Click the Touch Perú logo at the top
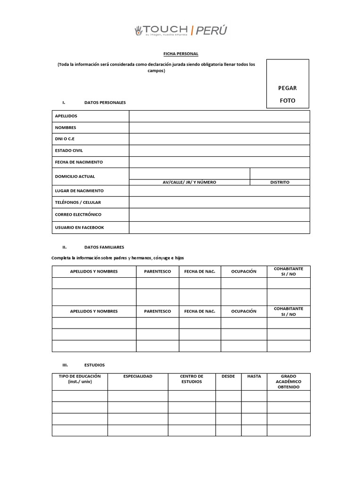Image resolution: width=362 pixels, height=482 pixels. coord(181,31)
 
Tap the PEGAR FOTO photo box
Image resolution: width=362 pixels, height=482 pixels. coord(288,84)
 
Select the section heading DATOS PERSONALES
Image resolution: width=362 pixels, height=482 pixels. coord(105,102)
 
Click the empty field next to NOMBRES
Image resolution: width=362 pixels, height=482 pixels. coord(219,128)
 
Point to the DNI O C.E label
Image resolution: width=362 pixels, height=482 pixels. coord(65,139)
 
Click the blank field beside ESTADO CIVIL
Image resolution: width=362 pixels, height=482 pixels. coord(219,151)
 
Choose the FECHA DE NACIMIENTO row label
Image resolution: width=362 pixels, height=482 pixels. coord(79,162)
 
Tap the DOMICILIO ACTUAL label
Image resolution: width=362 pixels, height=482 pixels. coord(75,177)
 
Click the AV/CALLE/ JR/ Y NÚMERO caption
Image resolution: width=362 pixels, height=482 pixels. coord(189,182)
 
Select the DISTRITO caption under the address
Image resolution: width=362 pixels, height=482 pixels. coord(280,182)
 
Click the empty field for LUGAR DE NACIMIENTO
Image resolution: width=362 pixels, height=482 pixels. coord(219,191)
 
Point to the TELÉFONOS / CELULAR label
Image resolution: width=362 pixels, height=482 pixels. coord(78,202)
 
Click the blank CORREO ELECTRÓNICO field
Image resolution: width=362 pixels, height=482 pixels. coord(219,215)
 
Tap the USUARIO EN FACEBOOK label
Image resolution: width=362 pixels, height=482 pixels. coord(79,227)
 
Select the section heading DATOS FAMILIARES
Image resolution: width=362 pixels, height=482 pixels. coord(104,247)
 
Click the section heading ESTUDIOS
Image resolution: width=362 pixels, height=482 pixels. coord(94,365)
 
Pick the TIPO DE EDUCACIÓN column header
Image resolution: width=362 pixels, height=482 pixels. coord(80,379)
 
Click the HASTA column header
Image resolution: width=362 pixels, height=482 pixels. coord(254,377)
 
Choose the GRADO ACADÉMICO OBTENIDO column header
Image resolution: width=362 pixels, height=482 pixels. coord(288,381)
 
